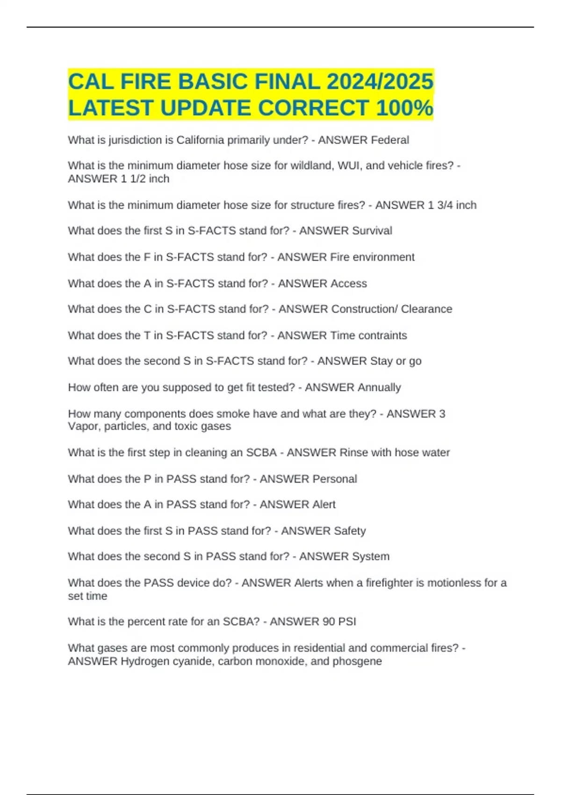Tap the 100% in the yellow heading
pyautogui.click(x=404, y=108)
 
